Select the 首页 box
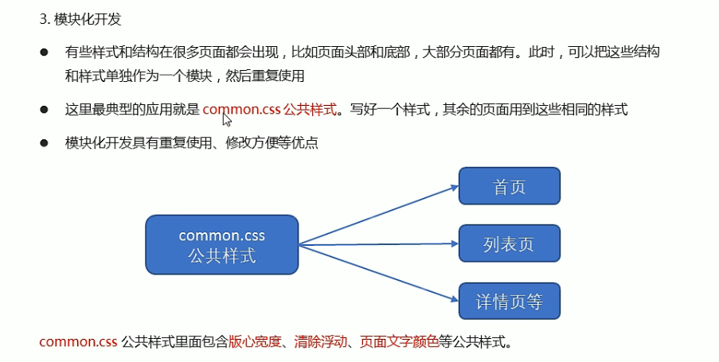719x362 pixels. point(510,188)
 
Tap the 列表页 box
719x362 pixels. point(510,244)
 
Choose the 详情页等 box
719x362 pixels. point(510,302)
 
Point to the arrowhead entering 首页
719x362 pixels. point(454,189)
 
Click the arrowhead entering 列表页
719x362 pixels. point(454,243)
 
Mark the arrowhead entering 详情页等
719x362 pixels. point(454,299)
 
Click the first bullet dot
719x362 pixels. point(45,51)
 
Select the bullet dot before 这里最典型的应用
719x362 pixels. point(45,110)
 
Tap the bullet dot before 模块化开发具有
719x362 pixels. point(45,143)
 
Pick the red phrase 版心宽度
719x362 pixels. point(255,343)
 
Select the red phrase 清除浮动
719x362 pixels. point(319,343)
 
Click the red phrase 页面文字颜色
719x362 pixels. point(398,343)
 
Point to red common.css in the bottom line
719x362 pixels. point(77,343)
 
